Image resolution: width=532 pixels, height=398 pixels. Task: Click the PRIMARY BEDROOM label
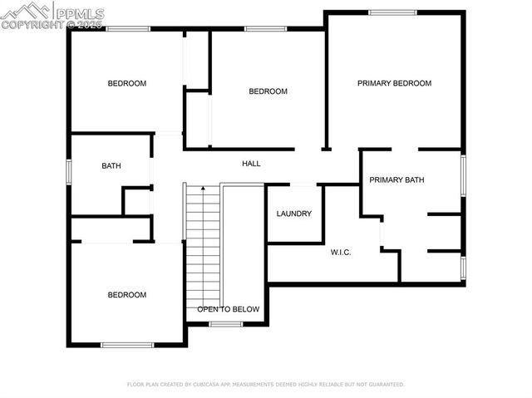[394, 83]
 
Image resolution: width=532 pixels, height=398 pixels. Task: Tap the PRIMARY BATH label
[397, 179]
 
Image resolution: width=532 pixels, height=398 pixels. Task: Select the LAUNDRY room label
[294, 214]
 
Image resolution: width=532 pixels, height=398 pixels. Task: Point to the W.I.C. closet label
[341, 253]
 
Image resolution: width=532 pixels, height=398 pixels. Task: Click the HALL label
[251, 164]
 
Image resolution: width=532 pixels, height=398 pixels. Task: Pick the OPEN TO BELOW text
[228, 309]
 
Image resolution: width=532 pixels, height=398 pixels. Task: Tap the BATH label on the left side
[111, 166]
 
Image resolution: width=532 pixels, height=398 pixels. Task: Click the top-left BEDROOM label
[127, 83]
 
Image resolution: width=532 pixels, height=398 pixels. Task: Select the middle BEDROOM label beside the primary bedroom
[268, 91]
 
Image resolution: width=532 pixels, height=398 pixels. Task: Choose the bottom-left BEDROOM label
[127, 295]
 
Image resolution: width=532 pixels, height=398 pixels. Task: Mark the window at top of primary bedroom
[392, 12]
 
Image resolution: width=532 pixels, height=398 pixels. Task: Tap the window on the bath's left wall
[69, 169]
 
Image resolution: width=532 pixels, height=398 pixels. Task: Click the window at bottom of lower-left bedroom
[126, 345]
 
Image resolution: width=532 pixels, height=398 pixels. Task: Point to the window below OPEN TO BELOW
[225, 324]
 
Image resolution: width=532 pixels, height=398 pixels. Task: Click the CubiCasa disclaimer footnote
[265, 385]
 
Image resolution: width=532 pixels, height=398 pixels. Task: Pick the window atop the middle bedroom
[266, 30]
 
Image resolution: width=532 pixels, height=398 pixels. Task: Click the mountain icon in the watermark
[25, 12]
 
